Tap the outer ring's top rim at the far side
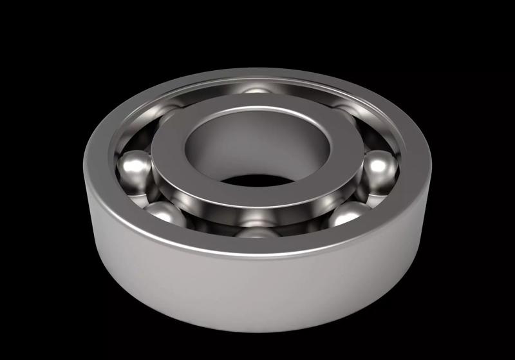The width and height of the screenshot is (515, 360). [x=257, y=75]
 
